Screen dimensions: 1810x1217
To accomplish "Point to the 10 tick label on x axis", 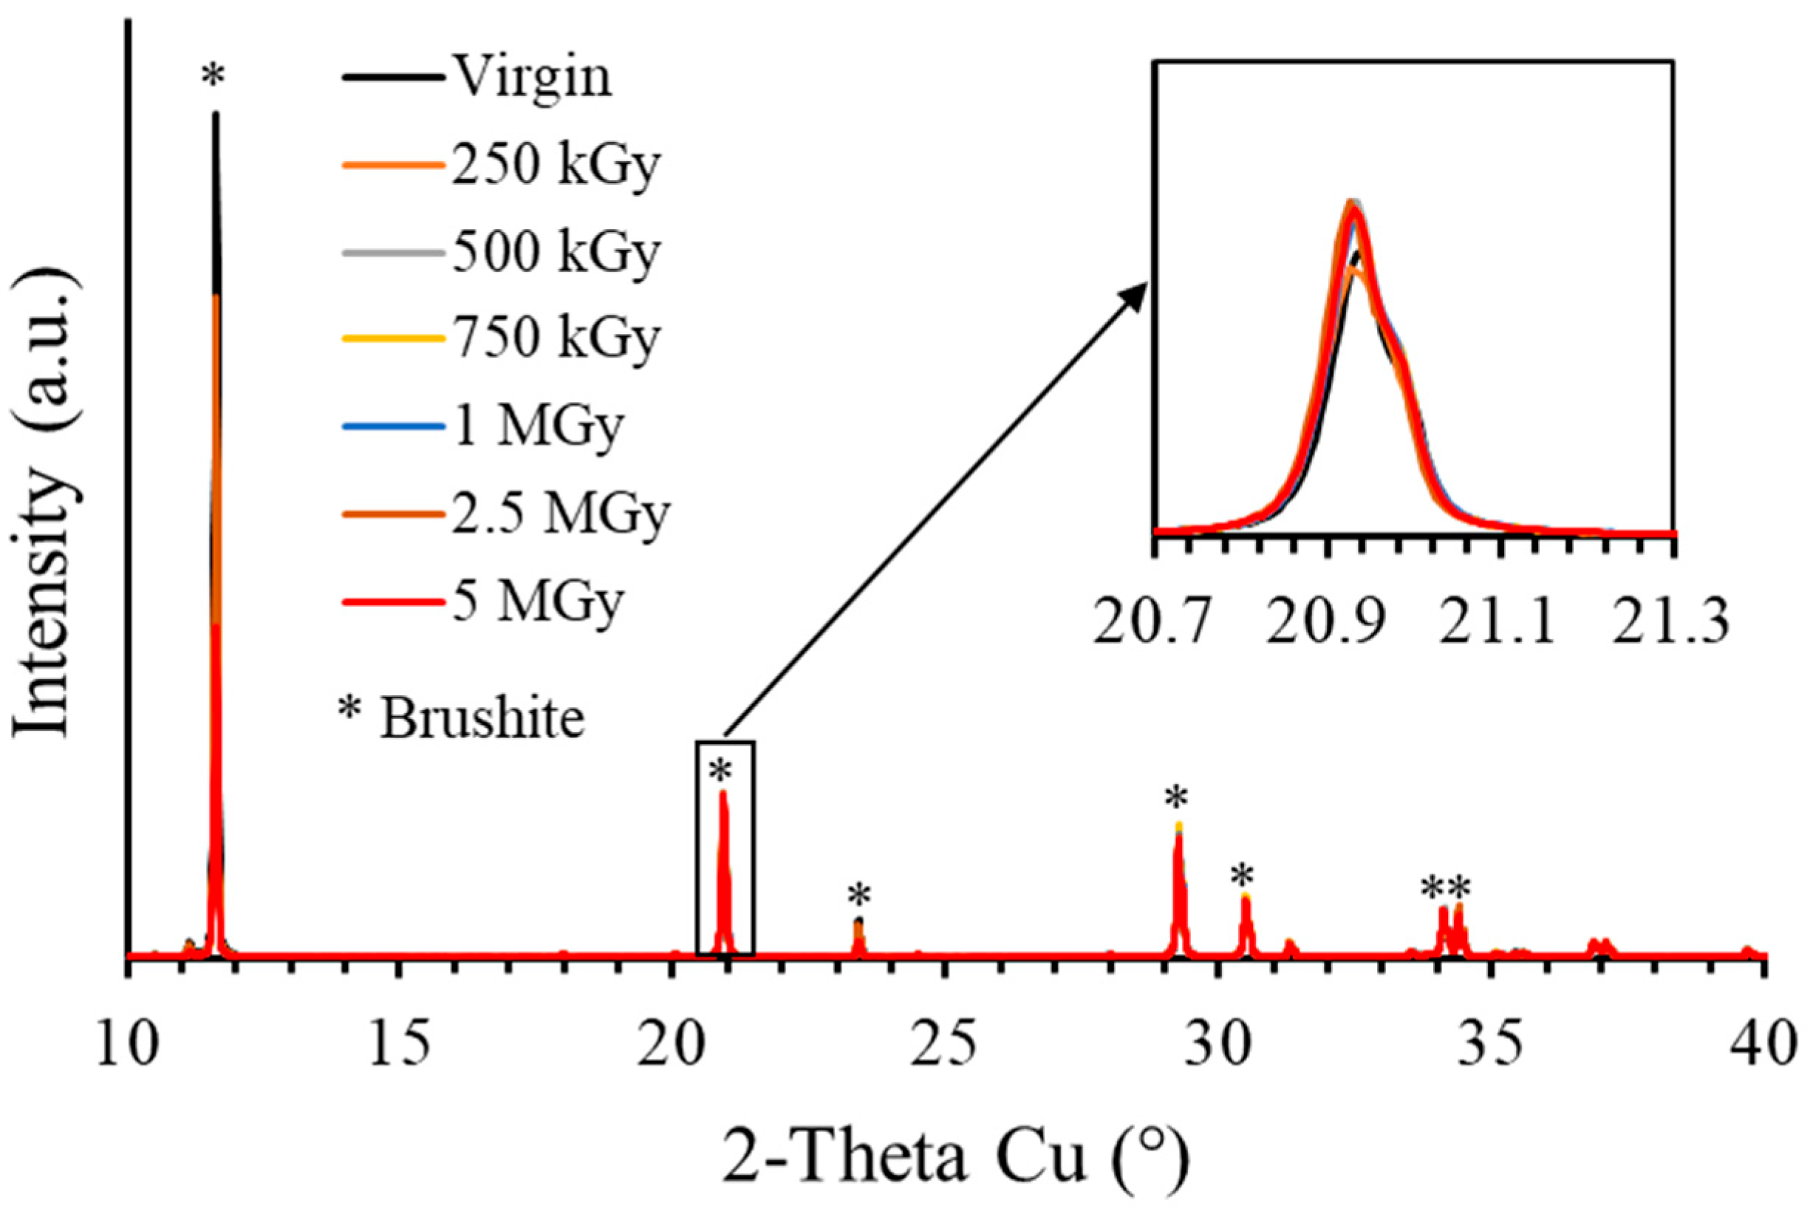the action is pos(127,1043).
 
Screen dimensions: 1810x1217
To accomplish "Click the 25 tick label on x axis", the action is pos(946,1043).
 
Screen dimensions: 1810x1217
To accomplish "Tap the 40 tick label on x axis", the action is pos(1764,1043).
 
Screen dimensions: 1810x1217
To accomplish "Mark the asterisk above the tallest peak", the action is pos(214,77).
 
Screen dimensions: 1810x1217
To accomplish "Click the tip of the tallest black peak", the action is pos(216,114).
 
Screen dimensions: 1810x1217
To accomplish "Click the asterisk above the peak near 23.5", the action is pos(859,895).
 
